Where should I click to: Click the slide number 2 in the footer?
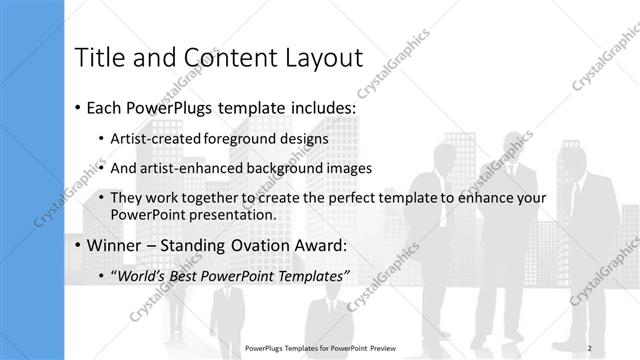click(x=605, y=348)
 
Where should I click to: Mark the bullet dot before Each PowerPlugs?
click(x=78, y=107)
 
